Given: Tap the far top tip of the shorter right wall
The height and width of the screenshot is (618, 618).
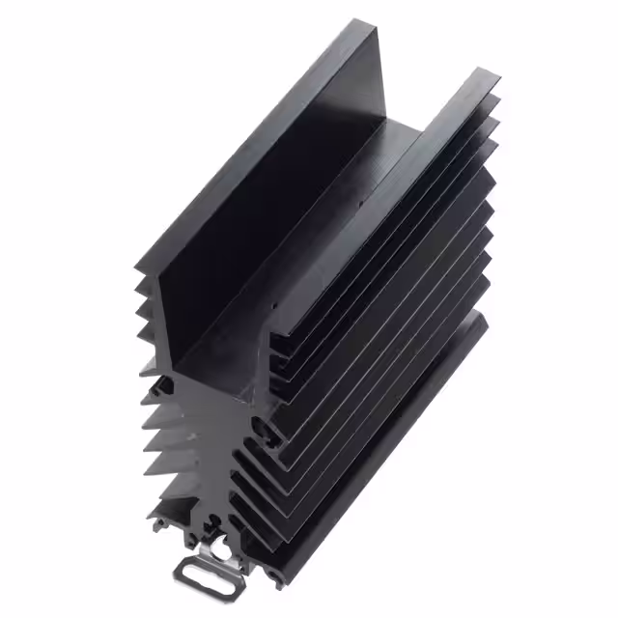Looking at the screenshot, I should coord(478,70).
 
